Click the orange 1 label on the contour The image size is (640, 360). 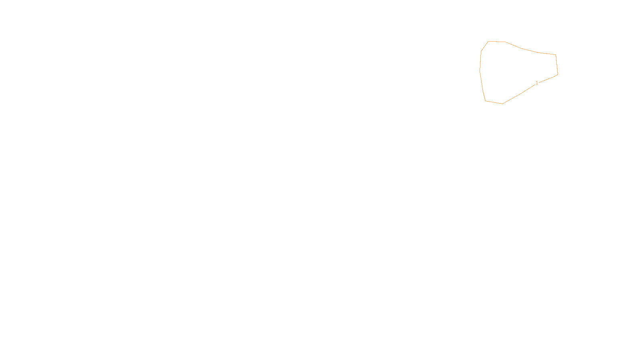pos(537,83)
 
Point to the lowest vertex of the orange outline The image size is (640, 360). pos(502,104)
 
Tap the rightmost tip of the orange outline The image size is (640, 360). pos(558,74)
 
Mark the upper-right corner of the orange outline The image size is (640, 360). pos(556,55)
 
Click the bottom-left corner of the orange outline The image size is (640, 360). pos(486,101)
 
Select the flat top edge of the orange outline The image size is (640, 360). pos(497,41)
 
